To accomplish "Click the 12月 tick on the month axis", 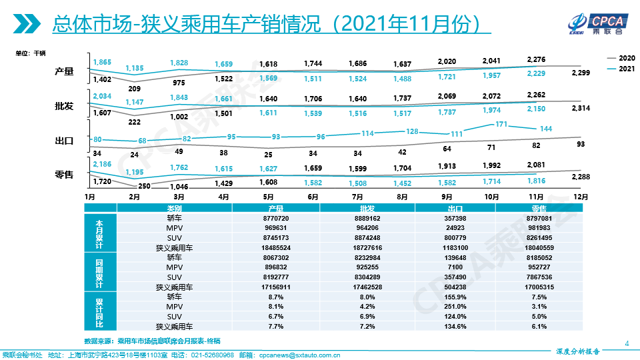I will click(581, 197).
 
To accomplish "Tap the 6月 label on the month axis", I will click(313, 197).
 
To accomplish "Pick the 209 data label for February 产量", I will click(134, 89).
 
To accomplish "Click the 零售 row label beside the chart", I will click(64, 175).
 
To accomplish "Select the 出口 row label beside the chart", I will click(64, 141).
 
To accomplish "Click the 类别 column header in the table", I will click(174, 208).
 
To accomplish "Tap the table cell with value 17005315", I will click(539, 287).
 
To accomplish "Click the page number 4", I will click(627, 343).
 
